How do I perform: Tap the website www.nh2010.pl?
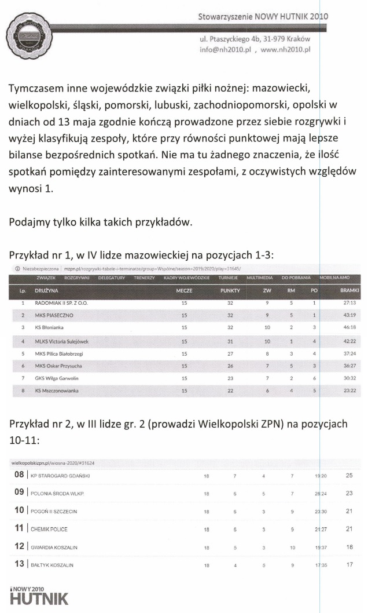click(286, 50)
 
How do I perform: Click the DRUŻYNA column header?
click(46, 290)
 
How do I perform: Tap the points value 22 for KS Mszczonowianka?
click(230, 391)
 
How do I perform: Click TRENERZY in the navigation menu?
click(145, 278)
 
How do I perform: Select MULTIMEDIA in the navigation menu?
click(260, 278)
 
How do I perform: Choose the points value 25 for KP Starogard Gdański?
click(349, 476)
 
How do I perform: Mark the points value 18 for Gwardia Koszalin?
click(349, 547)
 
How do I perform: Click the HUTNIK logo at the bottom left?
click(39, 597)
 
